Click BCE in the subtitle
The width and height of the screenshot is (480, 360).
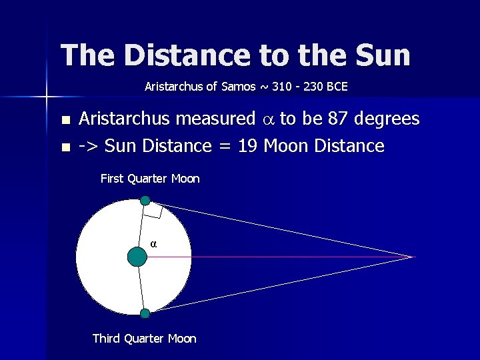click(337, 87)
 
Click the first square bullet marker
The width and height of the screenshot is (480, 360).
click(65, 121)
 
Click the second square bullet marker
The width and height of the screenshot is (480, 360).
click(65, 147)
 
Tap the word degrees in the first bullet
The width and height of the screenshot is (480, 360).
click(387, 119)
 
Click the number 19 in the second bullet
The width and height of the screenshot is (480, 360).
click(247, 145)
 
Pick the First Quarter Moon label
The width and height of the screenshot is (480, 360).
click(150, 179)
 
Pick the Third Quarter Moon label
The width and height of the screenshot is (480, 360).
click(145, 339)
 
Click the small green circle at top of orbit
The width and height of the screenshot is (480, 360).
click(145, 200)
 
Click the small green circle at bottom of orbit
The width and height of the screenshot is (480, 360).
click(145, 313)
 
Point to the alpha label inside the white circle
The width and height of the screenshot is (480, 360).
click(153, 244)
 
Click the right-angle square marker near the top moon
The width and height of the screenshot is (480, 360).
click(153, 211)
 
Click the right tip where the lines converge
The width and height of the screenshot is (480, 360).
click(413, 257)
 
